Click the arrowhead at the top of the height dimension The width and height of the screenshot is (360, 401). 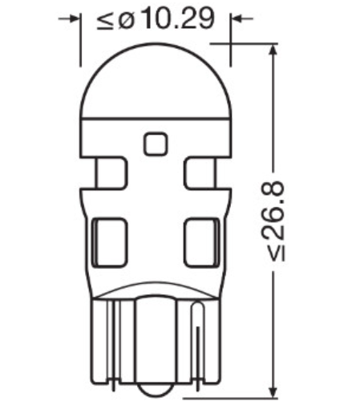tap(275, 50)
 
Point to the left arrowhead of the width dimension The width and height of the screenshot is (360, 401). tap(75, 18)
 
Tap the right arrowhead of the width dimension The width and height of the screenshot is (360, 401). tap(238, 18)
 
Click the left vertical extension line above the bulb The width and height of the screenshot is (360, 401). tap(81, 40)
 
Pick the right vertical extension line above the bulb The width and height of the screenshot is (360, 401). tap(232, 40)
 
